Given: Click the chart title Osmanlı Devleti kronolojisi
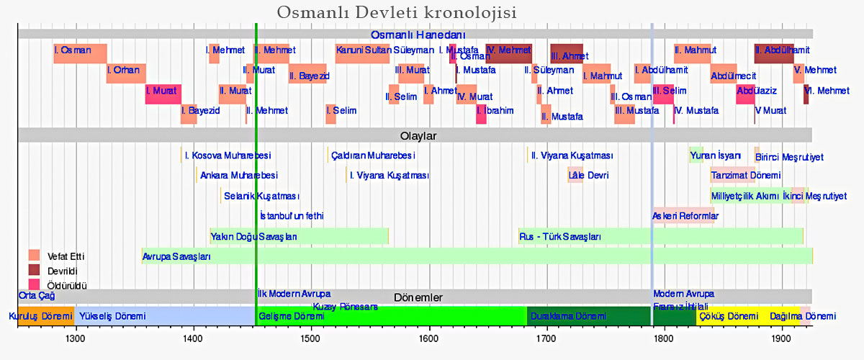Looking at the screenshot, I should pos(397,14).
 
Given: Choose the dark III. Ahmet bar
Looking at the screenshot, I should pos(567,54).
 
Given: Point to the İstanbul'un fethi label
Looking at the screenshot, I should pos(292,215).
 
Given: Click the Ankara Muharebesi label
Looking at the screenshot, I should pos(238,175).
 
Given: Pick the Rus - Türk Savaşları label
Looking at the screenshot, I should pos(560,236).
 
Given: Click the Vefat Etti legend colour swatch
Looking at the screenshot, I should pos(34,255).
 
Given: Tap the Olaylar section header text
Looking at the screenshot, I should pos(418,135).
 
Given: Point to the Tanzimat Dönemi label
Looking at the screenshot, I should pos(745,175).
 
